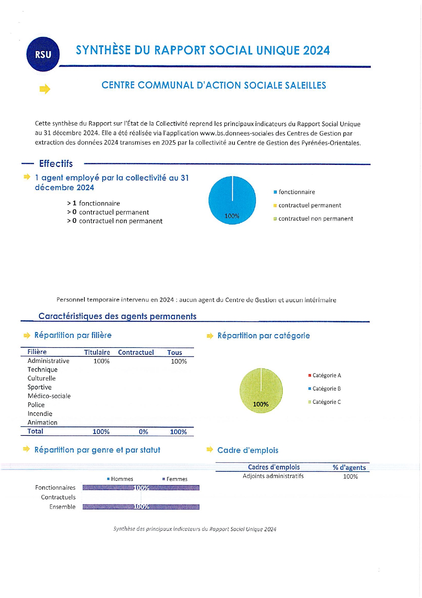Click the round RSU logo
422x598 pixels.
point(43,55)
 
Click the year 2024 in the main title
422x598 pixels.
point(316,50)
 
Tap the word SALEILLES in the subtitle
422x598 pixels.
point(305,85)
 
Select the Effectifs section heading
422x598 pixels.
point(56,164)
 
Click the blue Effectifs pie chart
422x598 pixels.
point(232,200)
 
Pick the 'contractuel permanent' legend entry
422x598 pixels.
point(309,205)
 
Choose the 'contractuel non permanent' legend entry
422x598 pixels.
point(315,219)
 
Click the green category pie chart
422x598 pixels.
point(261,390)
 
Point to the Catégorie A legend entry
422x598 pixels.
point(326,375)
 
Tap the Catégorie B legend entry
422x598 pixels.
point(326,389)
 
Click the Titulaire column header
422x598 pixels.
point(97,352)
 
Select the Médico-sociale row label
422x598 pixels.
point(49,396)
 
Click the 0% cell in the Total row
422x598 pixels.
point(143,432)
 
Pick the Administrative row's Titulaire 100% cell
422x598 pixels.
point(101,361)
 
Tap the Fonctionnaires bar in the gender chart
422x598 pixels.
point(141,488)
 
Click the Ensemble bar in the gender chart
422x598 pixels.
point(141,507)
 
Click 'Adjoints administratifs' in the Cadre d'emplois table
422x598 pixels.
point(273,476)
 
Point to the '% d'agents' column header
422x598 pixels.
point(349,467)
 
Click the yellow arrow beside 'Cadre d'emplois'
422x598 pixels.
point(210,450)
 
